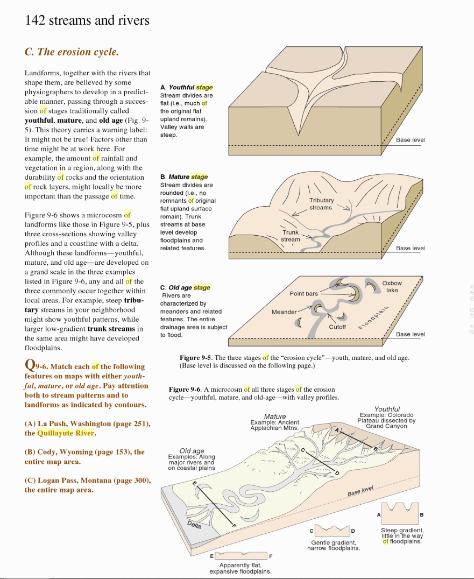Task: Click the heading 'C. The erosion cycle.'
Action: tap(71, 52)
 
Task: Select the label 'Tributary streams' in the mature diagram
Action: tap(321, 204)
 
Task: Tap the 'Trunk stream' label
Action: tap(291, 236)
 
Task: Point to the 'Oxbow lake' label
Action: tap(392, 287)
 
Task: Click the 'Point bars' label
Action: tap(303, 294)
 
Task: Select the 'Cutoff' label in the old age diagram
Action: tap(337, 327)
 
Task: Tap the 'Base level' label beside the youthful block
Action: tap(410, 140)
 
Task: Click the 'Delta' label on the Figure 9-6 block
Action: tap(194, 525)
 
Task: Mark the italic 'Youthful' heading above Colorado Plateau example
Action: tap(387, 409)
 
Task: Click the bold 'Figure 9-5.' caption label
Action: tap(196, 358)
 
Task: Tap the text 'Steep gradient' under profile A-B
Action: tap(402, 531)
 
